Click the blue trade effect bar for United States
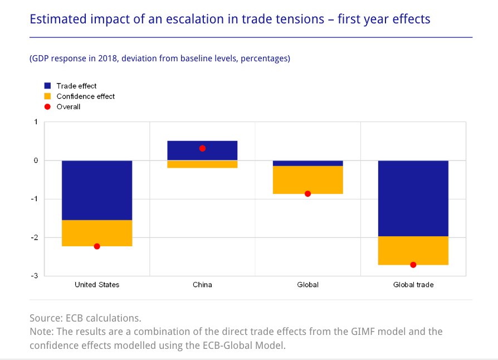click(x=97, y=190)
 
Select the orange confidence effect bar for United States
click(x=97, y=233)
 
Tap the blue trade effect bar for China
click(x=202, y=150)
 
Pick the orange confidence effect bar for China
click(x=202, y=164)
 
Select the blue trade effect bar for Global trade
click(x=413, y=198)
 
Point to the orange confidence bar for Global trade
click(x=413, y=250)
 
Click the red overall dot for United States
click(x=97, y=246)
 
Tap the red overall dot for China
click(x=202, y=148)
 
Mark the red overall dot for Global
click(x=307, y=194)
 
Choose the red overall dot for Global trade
click(x=413, y=265)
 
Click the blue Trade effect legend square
click(x=47, y=86)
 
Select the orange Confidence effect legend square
click(x=47, y=96)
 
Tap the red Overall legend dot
click(x=47, y=106)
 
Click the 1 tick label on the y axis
click(x=36, y=122)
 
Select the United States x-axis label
click(x=97, y=285)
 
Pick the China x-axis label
click(x=202, y=285)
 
